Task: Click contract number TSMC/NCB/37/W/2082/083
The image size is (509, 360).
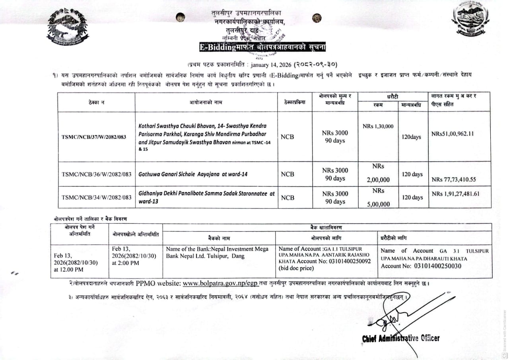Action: tap(94, 137)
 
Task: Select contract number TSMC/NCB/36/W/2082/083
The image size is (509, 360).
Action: tap(96, 174)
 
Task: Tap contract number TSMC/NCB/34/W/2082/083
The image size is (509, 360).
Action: tap(96, 197)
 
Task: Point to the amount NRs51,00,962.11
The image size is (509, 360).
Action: tap(452, 134)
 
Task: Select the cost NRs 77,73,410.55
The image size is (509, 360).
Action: tap(454, 179)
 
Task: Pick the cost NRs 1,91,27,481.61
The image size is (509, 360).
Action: tap(455, 194)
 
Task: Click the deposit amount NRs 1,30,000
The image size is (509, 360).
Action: tap(378, 126)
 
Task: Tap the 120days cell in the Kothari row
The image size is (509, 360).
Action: tap(411, 137)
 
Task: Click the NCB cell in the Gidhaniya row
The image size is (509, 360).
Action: tap(288, 197)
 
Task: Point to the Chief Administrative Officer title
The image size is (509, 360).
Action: tap(401, 338)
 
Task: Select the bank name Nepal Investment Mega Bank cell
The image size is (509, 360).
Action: tap(217, 253)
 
